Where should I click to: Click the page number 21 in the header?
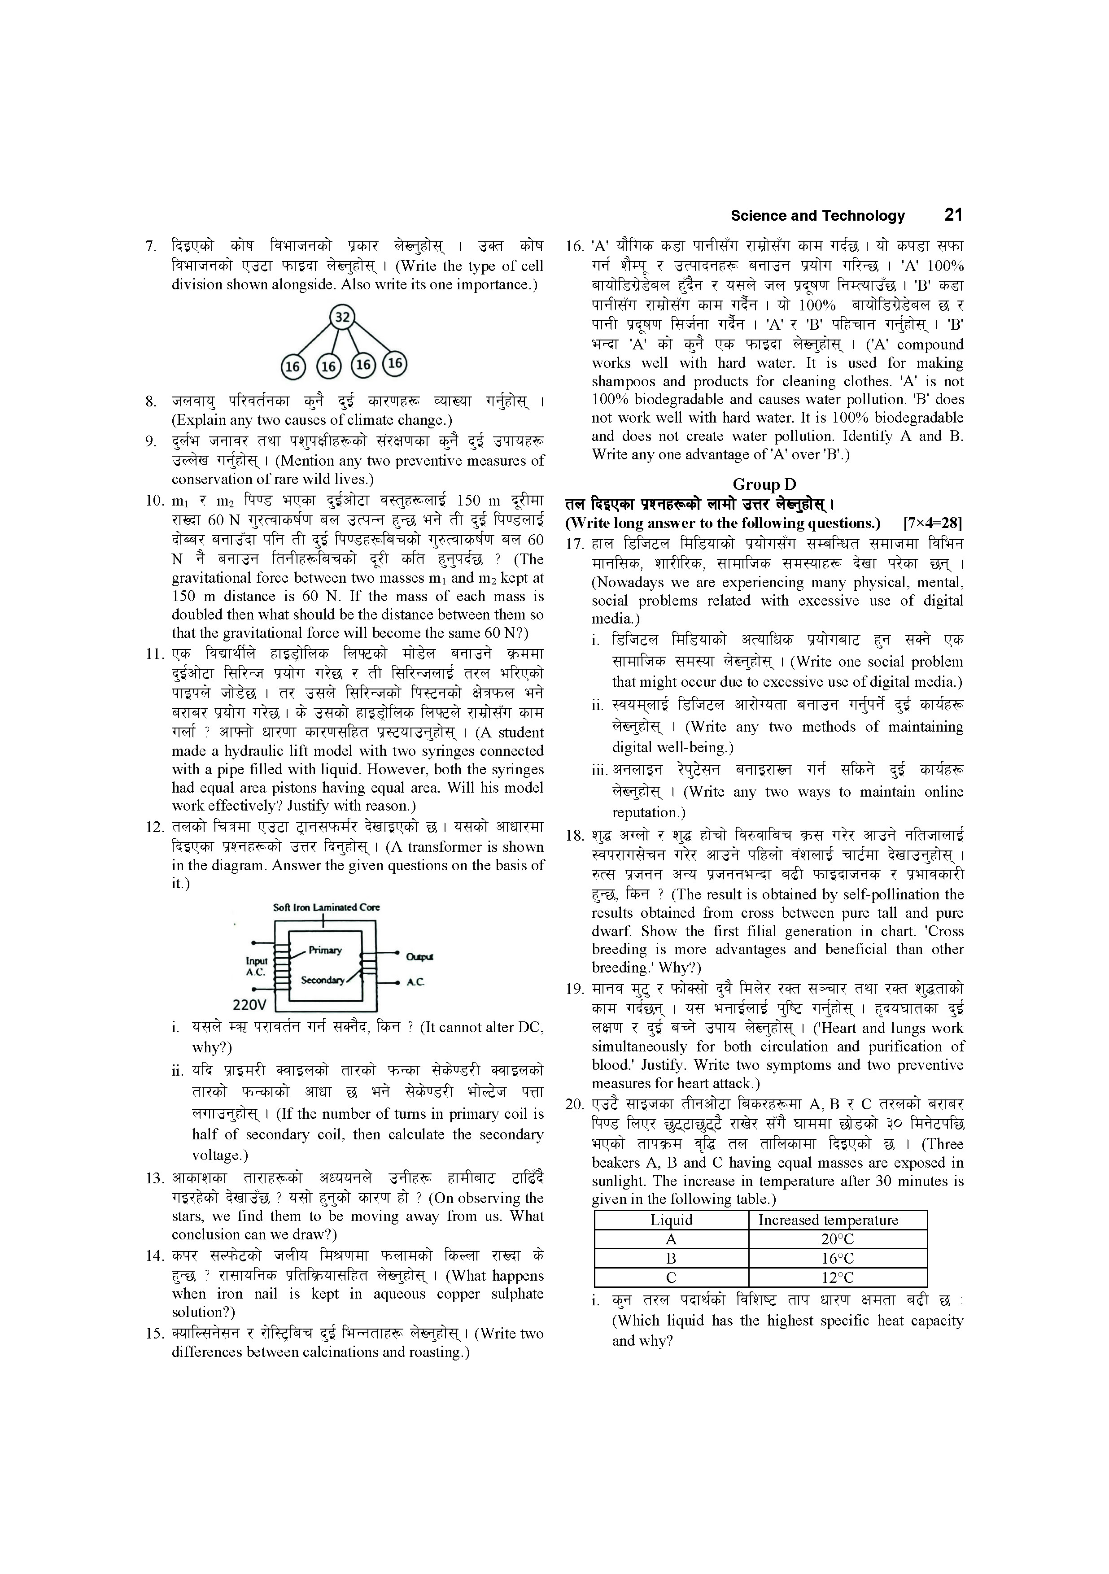tap(952, 215)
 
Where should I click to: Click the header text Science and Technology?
tap(817, 216)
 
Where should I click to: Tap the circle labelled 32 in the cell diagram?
tap(342, 317)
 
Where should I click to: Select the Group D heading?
tap(764, 485)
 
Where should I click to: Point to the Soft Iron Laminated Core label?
tap(327, 907)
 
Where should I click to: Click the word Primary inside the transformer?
tap(325, 950)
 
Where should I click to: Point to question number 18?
tap(574, 836)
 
